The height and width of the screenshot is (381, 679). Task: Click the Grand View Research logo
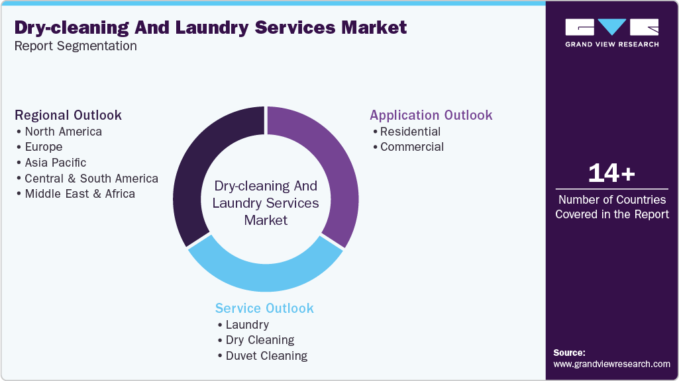[x=611, y=32]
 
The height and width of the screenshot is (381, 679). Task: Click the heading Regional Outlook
[x=68, y=115]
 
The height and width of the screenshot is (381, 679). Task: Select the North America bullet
[x=63, y=131]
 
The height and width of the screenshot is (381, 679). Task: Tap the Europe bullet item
[x=44, y=147]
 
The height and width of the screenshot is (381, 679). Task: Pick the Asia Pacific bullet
[x=55, y=163]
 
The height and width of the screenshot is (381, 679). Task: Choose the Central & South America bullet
[x=91, y=179]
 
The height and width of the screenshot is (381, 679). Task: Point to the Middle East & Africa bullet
[x=79, y=194]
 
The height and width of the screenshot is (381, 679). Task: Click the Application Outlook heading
[x=431, y=115]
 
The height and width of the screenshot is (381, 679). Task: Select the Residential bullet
[x=410, y=131]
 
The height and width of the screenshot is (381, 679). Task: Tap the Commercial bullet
[x=412, y=147]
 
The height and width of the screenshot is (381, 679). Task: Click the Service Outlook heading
[x=264, y=308]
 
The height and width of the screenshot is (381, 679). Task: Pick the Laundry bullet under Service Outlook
[x=247, y=325]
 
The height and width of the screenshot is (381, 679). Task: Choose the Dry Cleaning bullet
[x=260, y=340]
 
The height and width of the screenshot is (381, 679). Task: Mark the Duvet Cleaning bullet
[x=266, y=356]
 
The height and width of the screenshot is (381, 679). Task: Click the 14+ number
[x=611, y=173]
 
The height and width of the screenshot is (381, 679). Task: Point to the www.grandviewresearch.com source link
[x=611, y=364]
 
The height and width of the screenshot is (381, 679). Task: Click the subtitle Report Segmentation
[x=76, y=46]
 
